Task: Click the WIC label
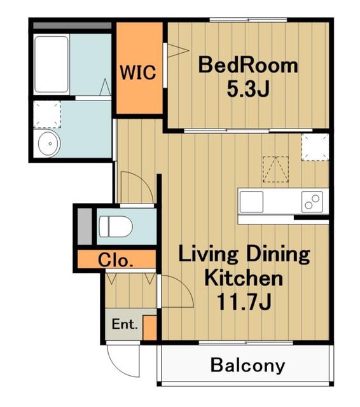tap(138, 72)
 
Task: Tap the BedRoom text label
tap(248, 65)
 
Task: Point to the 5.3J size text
tap(248, 89)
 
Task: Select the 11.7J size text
tap(244, 301)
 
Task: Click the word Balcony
tap(247, 366)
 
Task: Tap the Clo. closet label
tap(116, 260)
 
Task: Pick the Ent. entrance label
tap(124, 324)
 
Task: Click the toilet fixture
tap(116, 226)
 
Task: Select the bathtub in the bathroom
tap(52, 64)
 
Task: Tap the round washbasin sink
tap(50, 144)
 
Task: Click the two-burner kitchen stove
tap(312, 202)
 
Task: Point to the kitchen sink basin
tap(251, 202)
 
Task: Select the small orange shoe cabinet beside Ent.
tap(150, 328)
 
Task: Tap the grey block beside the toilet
tap(85, 226)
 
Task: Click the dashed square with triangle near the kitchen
tap(275, 169)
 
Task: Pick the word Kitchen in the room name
tap(244, 278)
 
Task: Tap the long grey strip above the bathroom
tap(72, 25)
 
